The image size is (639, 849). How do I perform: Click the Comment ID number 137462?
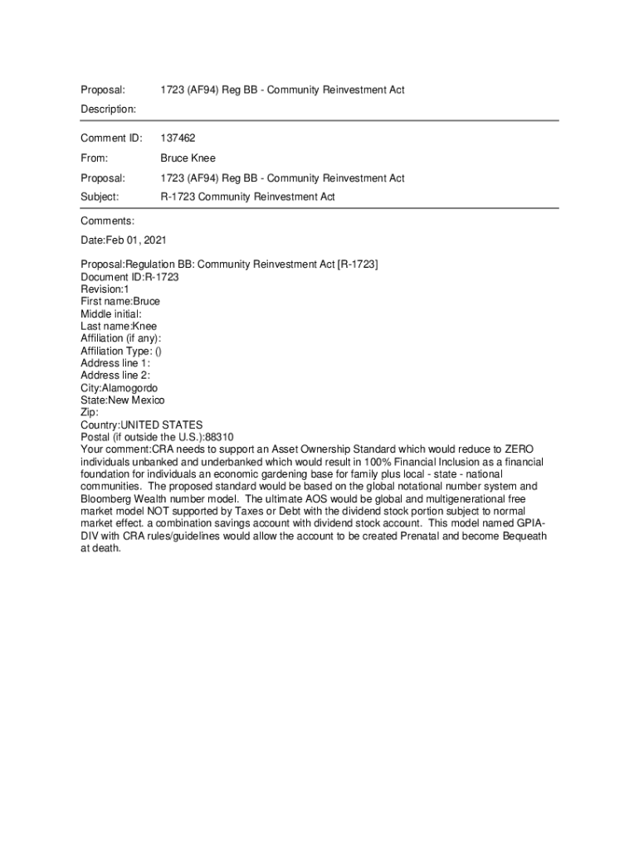tap(178, 138)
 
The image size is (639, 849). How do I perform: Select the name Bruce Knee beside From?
tap(188, 158)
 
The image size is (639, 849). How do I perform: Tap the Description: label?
tap(108, 109)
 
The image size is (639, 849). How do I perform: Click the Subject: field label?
tap(100, 197)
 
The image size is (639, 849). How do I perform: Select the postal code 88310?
tap(219, 437)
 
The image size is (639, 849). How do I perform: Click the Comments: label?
tap(107, 221)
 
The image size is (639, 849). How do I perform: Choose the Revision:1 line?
tap(105, 289)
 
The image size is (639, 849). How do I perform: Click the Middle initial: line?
tap(111, 314)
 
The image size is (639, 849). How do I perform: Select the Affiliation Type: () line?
tap(121, 351)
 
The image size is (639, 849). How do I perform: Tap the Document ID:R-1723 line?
tap(129, 277)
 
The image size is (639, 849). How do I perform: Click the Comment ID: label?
tap(111, 138)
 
